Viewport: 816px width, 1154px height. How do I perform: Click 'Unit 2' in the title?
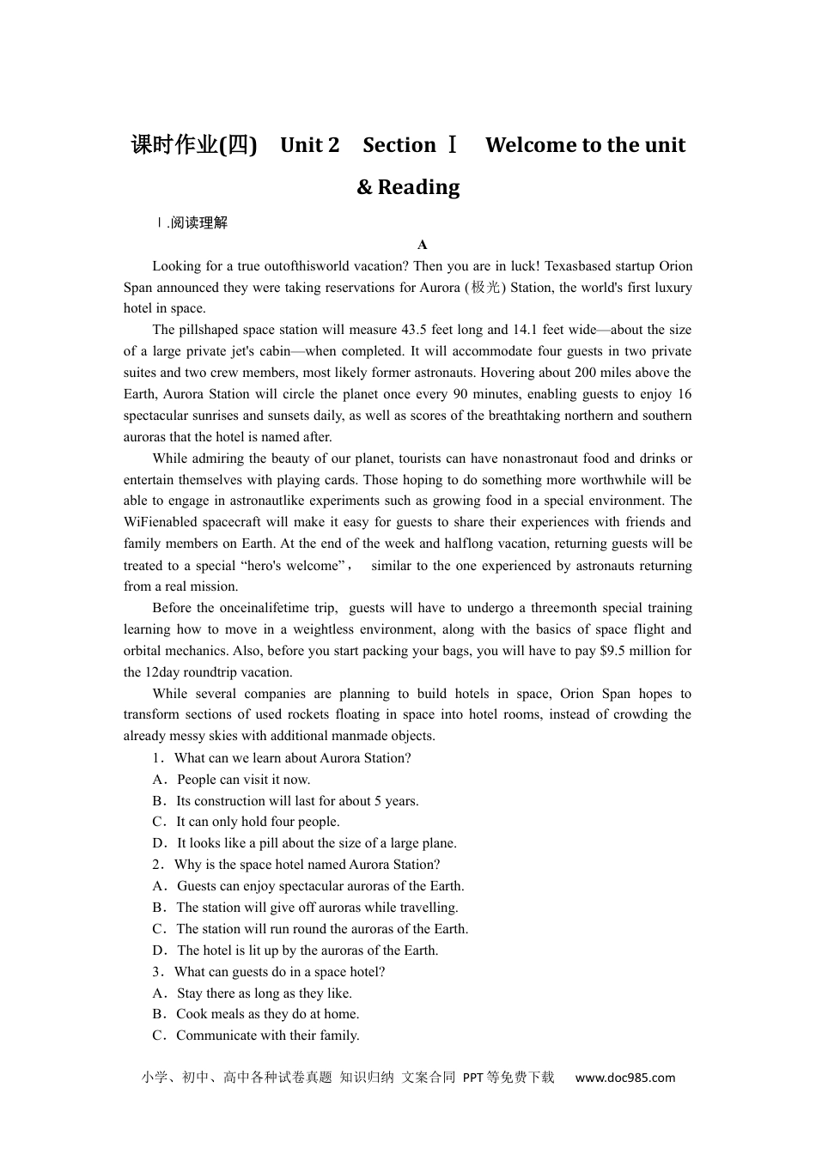coord(309,145)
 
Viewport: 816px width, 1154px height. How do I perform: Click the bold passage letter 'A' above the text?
coord(422,245)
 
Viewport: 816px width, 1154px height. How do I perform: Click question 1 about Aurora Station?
coord(292,758)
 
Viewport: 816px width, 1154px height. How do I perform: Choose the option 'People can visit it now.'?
coord(243,780)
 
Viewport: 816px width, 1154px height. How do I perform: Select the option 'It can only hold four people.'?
coord(258,822)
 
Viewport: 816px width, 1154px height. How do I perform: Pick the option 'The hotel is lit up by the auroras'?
coord(307,951)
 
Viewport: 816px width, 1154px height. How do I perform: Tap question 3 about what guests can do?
coord(279,972)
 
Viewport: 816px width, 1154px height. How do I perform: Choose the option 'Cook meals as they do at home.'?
coord(267,1014)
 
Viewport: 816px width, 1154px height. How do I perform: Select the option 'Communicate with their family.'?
coord(267,1036)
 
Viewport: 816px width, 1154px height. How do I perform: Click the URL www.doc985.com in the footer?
coord(624,1078)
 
